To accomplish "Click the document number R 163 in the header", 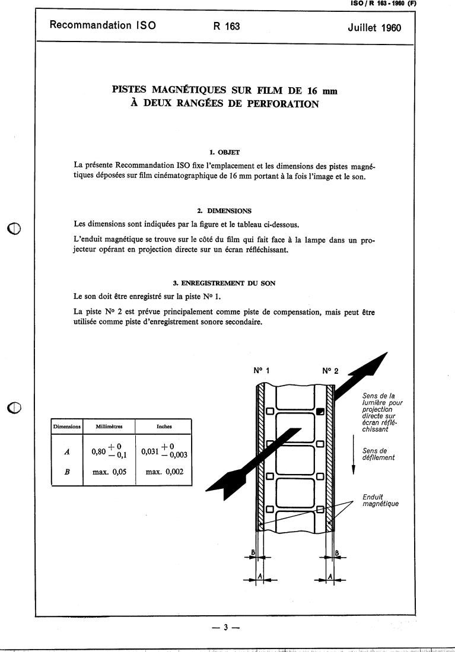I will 226,26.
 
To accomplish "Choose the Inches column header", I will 164,426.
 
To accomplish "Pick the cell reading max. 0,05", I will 109,473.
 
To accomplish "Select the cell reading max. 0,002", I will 163,473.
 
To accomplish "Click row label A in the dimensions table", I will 66,451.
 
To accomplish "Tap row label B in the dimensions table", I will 66,473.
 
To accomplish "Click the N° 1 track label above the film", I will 262,371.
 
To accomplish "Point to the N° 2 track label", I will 330,371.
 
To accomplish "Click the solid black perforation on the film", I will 320,411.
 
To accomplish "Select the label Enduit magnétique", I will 379,500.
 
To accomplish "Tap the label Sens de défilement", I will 378,454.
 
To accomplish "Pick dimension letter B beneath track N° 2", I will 337,553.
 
